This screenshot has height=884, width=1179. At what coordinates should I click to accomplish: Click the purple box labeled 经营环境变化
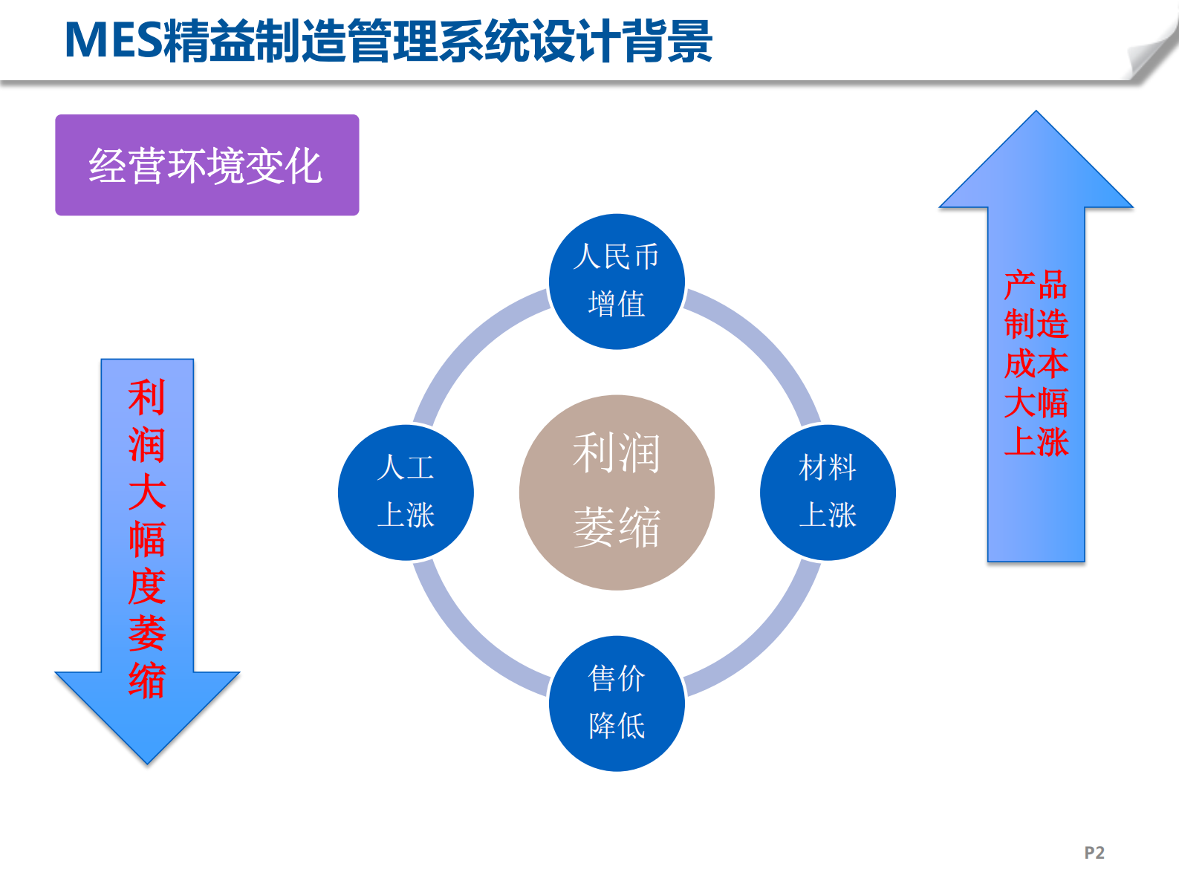[x=207, y=165]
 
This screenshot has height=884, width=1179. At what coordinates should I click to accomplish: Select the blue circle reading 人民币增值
[x=617, y=281]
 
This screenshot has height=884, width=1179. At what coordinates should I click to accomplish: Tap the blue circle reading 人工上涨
[x=406, y=492]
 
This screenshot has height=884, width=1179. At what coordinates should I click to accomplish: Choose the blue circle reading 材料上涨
[x=828, y=492]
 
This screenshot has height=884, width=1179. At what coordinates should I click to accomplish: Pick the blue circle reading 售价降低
[x=617, y=703]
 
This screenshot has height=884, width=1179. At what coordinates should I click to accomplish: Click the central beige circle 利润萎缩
[x=617, y=492]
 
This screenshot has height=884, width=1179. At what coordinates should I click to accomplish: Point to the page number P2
[x=1094, y=852]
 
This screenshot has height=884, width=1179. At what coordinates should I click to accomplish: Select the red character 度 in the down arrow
[x=147, y=587]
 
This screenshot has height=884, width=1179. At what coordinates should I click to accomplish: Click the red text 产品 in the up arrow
[x=1036, y=285]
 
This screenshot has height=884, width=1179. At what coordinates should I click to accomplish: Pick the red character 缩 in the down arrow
[x=147, y=680]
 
